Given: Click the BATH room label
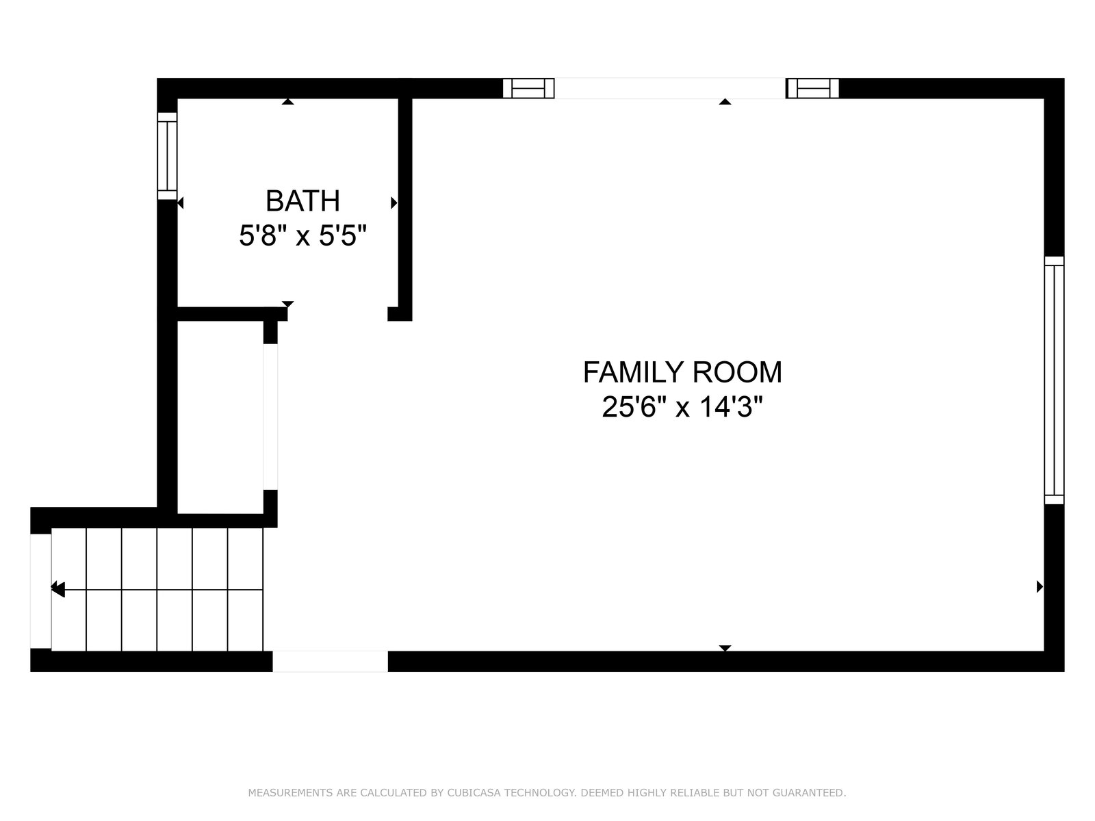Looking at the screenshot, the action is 302,201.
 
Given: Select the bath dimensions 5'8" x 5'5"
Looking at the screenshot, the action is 302,235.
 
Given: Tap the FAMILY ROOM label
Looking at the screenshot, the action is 682,372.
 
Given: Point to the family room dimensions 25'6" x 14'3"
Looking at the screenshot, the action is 682,407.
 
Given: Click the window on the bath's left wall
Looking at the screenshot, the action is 167,156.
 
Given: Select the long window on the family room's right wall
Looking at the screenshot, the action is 1053,380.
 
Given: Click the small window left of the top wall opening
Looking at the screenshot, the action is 528,88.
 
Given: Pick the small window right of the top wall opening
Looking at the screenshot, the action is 812,88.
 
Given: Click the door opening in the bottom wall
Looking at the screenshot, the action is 331,661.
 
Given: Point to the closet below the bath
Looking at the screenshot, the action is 220,417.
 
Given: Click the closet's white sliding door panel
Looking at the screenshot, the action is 270,417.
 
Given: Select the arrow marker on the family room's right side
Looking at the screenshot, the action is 1040,587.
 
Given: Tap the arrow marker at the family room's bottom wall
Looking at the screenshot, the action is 725,647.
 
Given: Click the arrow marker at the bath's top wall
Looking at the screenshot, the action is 288,102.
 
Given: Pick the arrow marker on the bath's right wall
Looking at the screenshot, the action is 394,203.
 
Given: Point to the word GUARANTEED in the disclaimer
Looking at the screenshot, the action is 809,792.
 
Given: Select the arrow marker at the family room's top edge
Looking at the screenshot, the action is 725,102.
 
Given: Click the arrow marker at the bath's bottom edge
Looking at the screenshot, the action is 288,304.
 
